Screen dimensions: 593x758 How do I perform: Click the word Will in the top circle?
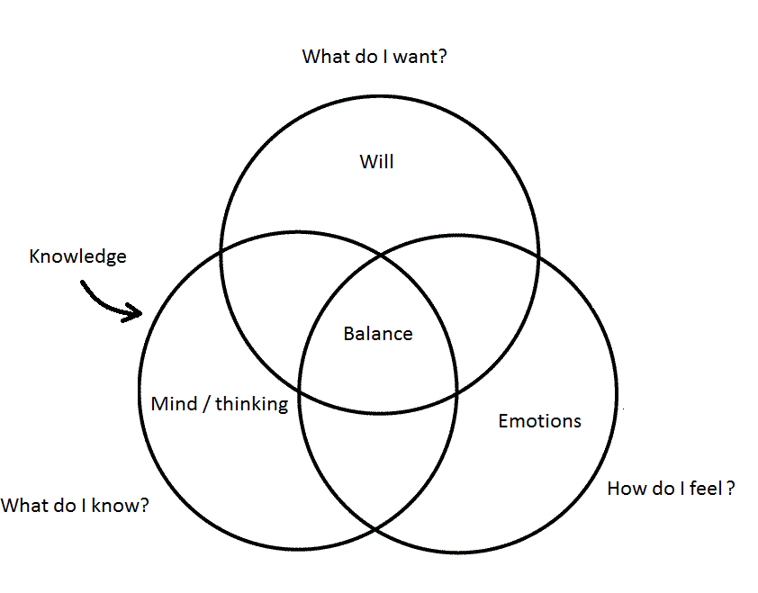pyautogui.click(x=377, y=162)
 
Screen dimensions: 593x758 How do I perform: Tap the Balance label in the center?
pyautogui.click(x=378, y=334)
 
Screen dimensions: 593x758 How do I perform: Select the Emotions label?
pyautogui.click(x=539, y=421)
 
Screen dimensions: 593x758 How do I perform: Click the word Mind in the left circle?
pyautogui.click(x=173, y=404)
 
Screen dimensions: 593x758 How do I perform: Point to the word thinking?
pyautogui.click(x=251, y=404)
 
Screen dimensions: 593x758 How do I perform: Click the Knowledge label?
pyautogui.click(x=77, y=256)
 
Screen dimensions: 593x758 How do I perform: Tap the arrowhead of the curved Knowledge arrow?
pyautogui.click(x=137, y=313)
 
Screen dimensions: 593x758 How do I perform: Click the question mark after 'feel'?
pyautogui.click(x=731, y=489)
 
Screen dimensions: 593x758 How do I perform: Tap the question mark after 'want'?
pyautogui.click(x=443, y=57)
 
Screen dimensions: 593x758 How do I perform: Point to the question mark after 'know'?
pyautogui.click(x=143, y=506)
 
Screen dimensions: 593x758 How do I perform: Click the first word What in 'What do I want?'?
pyautogui.click(x=323, y=57)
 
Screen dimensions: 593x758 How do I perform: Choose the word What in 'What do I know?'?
pyautogui.click(x=23, y=506)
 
